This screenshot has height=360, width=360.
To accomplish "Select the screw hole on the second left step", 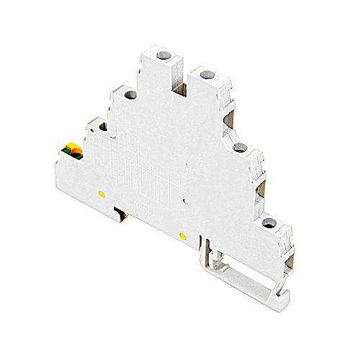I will (x=131, y=94).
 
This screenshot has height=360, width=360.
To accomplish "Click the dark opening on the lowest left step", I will (x=102, y=127).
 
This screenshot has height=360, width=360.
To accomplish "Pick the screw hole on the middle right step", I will (x=240, y=148).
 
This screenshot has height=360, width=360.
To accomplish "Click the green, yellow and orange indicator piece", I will (x=73, y=151).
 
